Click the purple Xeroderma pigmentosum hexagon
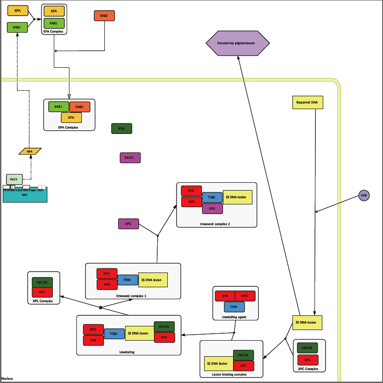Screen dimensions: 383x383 tap(237, 43)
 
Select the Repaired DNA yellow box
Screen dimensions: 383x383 tap(308, 102)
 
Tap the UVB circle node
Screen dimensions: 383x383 tap(364, 196)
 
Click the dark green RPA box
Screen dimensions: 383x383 tap(121, 128)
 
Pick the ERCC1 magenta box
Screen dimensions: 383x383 tap(130, 158)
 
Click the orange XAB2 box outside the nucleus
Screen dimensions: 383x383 tap(104, 16)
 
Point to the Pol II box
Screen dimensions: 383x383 tap(14, 179)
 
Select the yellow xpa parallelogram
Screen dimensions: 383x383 tap(30, 151)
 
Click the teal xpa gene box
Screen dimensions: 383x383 tap(25, 195)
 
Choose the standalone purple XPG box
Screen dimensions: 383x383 tap(128, 224)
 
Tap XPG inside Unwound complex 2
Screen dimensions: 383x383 tap(212, 209)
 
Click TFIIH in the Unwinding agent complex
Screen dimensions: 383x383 tap(234, 307)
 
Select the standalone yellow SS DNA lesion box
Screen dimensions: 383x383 tap(307, 323)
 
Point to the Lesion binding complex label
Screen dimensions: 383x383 tap(229, 375)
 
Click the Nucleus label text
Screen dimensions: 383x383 tap(7, 378)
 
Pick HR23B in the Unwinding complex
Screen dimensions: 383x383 tap(164, 327)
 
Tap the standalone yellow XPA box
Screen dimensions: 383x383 tap(17, 11)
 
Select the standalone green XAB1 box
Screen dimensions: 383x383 tap(17, 27)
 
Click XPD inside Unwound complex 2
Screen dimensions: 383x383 tap(191, 191)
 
